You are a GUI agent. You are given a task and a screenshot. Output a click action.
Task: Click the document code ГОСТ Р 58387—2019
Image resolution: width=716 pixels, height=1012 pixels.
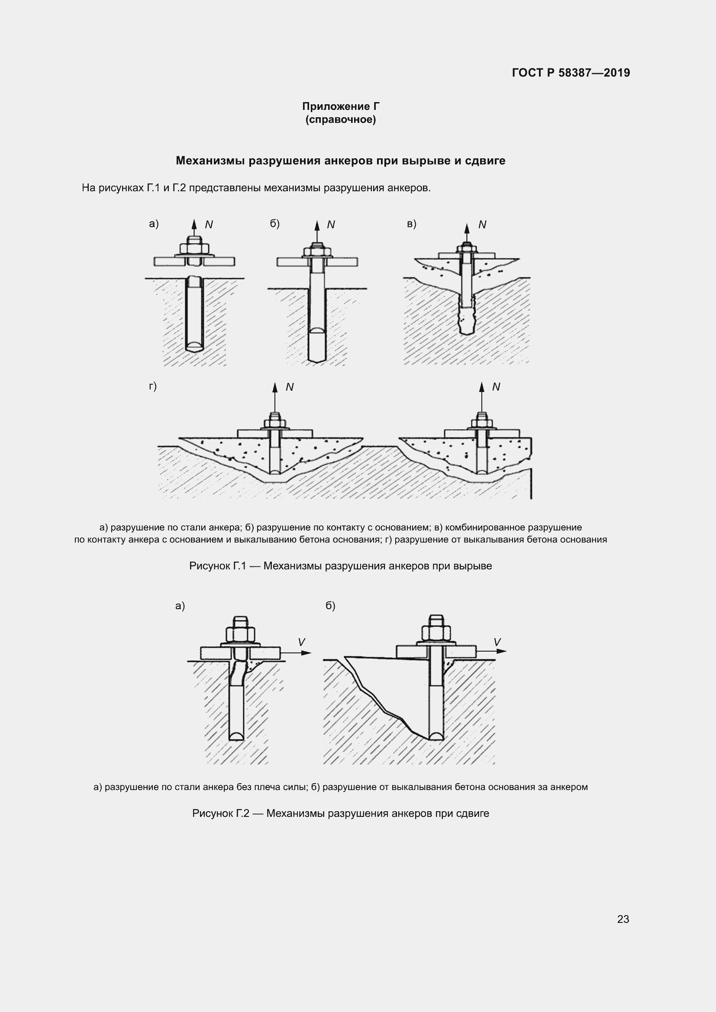coord(571,73)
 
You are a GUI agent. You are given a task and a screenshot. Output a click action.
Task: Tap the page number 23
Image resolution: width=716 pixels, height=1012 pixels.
coord(623,919)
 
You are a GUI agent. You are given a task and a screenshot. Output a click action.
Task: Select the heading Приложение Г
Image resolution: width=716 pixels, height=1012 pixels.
coord(341,106)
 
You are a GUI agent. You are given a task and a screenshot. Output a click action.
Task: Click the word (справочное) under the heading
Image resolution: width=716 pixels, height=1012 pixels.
coord(341,119)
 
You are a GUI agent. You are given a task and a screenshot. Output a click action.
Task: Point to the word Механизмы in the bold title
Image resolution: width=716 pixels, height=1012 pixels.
coord(210,161)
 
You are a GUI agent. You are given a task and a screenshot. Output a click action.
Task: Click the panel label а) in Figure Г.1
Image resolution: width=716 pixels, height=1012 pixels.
coord(154,224)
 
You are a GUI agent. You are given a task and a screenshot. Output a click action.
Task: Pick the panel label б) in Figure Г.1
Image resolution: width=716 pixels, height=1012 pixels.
coord(275,224)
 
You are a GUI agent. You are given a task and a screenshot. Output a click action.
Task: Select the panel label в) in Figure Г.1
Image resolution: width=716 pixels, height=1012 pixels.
coord(411,224)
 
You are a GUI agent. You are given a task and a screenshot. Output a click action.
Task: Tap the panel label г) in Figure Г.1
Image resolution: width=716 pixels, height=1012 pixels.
coord(153,386)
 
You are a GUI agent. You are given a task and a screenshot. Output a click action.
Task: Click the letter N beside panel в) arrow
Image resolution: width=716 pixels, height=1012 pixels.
coord(482,225)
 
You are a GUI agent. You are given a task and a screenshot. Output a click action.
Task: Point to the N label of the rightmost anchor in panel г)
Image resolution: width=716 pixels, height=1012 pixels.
coord(496,387)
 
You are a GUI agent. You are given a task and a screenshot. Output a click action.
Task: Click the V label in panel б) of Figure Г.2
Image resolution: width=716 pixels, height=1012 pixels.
coord(497,642)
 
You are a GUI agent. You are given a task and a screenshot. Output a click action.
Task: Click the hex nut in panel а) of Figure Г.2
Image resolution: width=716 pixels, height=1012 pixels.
coord(240,635)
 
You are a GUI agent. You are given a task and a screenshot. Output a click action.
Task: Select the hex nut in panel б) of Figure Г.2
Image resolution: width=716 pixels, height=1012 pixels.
coord(436,633)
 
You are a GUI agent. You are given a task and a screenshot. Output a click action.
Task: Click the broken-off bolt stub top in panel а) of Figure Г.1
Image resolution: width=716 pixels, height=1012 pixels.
coord(194,280)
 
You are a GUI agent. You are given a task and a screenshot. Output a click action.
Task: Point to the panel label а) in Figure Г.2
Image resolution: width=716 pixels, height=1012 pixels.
coord(180,606)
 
